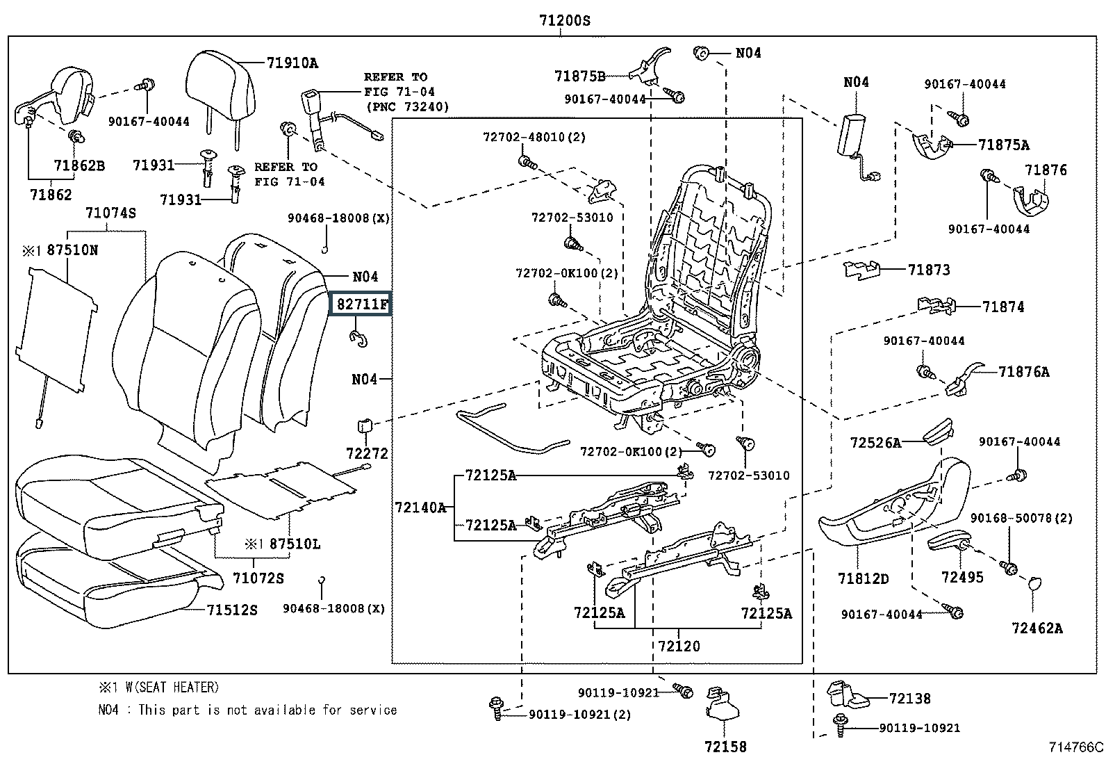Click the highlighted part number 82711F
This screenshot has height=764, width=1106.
coord(361,304)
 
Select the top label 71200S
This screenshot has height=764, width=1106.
coord(564,21)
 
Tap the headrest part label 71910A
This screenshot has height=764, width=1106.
coord(292,63)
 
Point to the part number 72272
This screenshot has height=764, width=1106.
coord(367,453)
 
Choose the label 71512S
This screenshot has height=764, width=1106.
coord(232,610)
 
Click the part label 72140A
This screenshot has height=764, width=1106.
coord(420,507)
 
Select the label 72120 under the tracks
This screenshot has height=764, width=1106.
coord(679,646)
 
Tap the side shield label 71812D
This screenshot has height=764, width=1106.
coord(863,578)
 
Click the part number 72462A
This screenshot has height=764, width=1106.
coord(1037,628)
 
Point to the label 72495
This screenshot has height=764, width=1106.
coord(962,577)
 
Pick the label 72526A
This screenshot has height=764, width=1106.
coord(875,442)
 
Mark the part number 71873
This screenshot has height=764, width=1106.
coord(928,270)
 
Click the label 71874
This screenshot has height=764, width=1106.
coord(1002,307)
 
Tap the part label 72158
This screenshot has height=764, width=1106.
coord(725,747)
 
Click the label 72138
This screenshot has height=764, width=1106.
coord(909,699)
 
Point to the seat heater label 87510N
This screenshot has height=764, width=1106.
coord(72,250)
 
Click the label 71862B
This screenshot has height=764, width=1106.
coord(79,165)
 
